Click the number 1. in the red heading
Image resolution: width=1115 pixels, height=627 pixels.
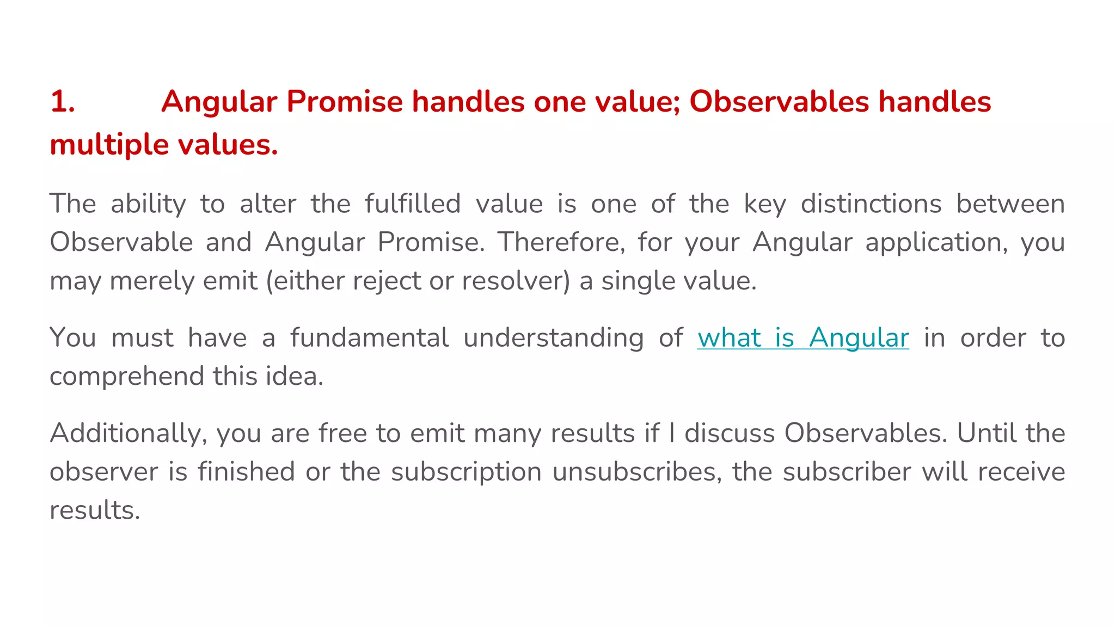63,102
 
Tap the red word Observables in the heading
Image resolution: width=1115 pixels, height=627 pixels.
779,102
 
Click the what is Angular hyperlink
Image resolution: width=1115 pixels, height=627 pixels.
803,337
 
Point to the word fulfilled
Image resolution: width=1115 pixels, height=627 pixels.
413,204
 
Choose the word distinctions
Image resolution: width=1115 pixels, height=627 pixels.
871,204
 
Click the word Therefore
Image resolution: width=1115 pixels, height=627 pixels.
561,242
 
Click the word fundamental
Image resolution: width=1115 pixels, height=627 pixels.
369,337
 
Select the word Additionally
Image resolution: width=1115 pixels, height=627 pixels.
128,434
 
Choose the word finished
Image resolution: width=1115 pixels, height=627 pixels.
246,472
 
